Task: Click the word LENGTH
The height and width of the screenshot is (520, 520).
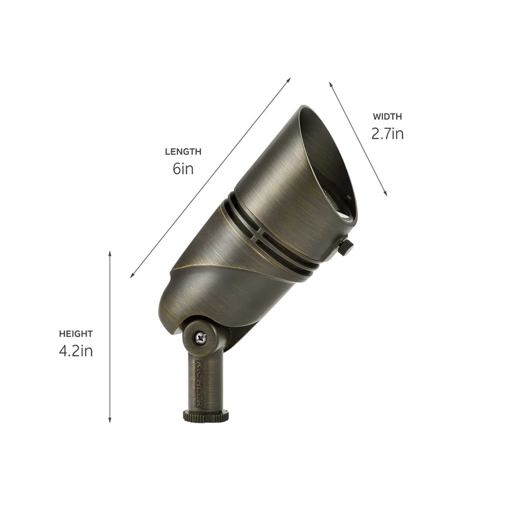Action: (183, 152)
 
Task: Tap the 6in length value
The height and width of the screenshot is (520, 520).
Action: (183, 169)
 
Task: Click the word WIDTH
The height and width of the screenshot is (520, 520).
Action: (387, 117)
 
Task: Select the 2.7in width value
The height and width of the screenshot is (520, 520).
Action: (387, 134)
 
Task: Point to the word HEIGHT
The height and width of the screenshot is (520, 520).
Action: (76, 334)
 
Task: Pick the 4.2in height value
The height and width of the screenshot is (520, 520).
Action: (76, 351)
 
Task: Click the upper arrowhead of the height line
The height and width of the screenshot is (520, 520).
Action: (110, 253)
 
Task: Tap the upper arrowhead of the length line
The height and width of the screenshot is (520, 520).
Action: (290, 79)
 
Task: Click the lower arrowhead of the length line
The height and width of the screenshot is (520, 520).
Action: (132, 276)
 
